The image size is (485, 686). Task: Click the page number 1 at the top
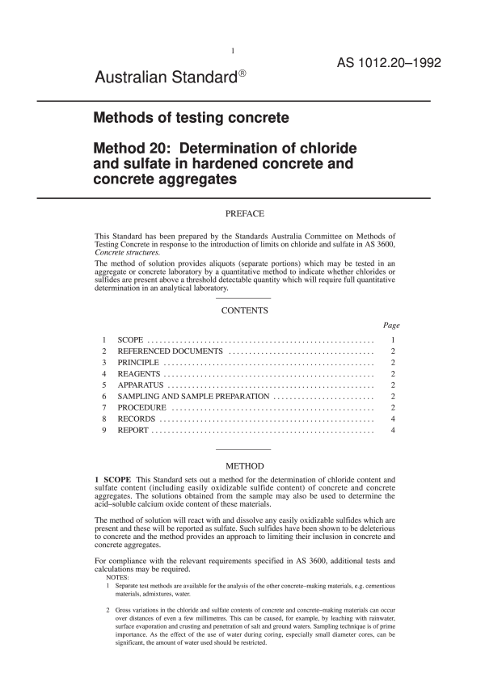tap(233, 52)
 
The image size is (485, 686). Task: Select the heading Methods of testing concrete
tap(192, 118)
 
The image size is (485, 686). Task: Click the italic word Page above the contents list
tap(391, 325)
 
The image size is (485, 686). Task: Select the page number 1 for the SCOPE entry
tap(392, 341)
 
